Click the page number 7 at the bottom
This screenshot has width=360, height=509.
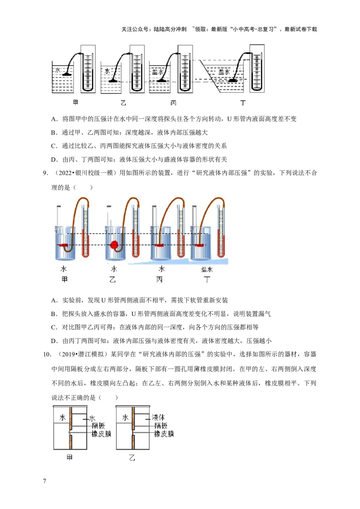click(x=45, y=482)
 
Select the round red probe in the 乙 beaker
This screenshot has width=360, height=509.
click(x=114, y=245)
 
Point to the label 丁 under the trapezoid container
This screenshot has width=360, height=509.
click(x=243, y=103)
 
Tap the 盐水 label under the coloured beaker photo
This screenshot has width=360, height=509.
click(x=207, y=269)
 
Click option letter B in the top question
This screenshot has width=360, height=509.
click(x=54, y=133)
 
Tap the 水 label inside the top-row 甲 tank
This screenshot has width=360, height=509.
click(x=58, y=71)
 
